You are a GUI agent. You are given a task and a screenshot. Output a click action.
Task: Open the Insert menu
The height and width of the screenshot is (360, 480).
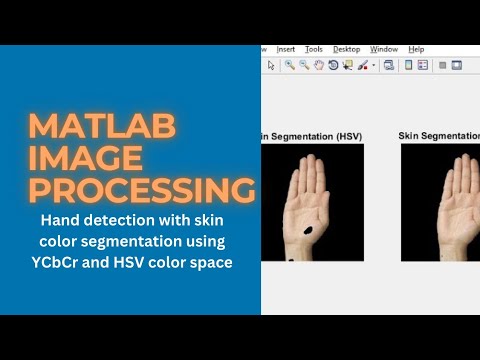(286, 49)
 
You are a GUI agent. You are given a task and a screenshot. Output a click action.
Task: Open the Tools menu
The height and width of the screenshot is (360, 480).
(314, 49)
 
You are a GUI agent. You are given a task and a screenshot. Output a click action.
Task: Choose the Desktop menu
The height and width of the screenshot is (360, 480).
(346, 49)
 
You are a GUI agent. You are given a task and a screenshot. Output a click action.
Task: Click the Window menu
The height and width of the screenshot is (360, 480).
(383, 49)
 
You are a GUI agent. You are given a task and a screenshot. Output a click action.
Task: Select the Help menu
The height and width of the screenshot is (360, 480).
(416, 49)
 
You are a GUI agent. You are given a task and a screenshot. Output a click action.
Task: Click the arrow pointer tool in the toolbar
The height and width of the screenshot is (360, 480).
(271, 65)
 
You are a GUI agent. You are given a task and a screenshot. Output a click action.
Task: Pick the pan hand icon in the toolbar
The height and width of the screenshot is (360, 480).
(319, 65)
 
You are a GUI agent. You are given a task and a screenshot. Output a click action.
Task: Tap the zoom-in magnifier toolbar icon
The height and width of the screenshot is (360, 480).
(289, 65)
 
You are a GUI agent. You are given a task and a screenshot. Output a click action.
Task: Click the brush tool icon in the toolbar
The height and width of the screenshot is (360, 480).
(362, 65)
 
